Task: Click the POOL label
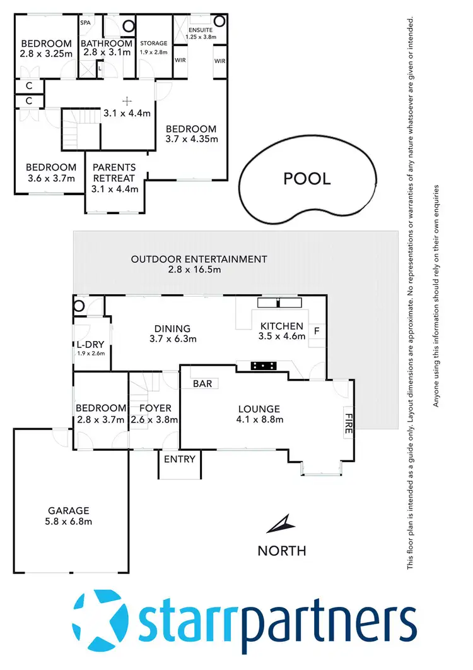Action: point(307,179)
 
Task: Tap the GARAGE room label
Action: point(69,510)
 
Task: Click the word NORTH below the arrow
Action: point(282,551)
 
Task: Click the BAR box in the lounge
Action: point(202,383)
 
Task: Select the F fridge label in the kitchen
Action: point(317,329)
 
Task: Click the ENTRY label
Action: point(180,459)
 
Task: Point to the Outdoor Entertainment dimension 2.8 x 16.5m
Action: point(199,270)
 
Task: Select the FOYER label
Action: point(155,408)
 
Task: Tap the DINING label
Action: point(172,328)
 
